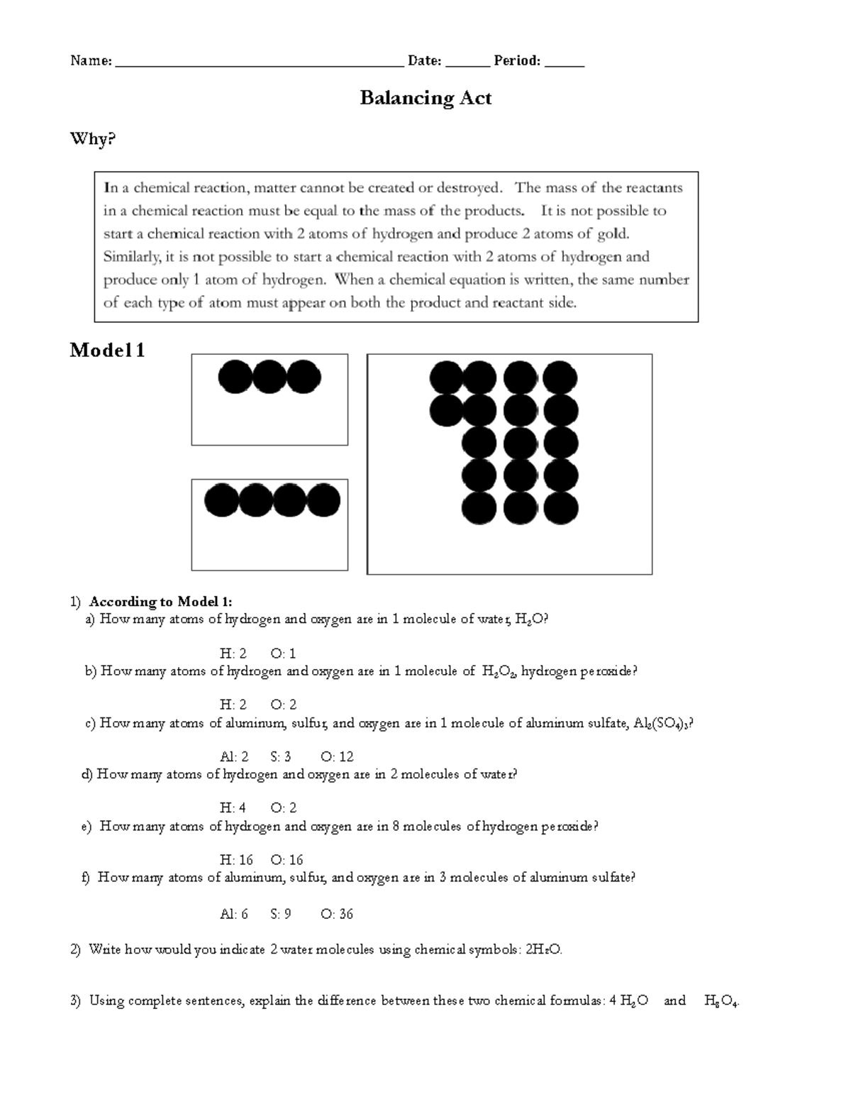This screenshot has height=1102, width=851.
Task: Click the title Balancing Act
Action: tap(425, 98)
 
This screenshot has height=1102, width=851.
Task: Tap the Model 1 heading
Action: tap(107, 350)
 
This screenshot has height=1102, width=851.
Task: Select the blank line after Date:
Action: tap(467, 62)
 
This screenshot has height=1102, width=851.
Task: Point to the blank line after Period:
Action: tap(564, 62)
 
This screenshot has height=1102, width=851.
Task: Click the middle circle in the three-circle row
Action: tap(269, 377)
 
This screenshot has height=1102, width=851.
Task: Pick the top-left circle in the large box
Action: tap(447, 378)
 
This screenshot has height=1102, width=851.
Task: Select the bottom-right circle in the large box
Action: tap(561, 508)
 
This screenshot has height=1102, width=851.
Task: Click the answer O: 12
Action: tap(337, 756)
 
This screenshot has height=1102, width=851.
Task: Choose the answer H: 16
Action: tap(236, 860)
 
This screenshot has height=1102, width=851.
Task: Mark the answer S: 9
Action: tap(281, 914)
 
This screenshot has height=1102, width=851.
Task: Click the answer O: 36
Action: tap(337, 914)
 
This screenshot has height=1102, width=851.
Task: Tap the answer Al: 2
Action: tap(234, 756)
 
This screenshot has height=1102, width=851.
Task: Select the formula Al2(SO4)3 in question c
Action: tap(660, 724)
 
